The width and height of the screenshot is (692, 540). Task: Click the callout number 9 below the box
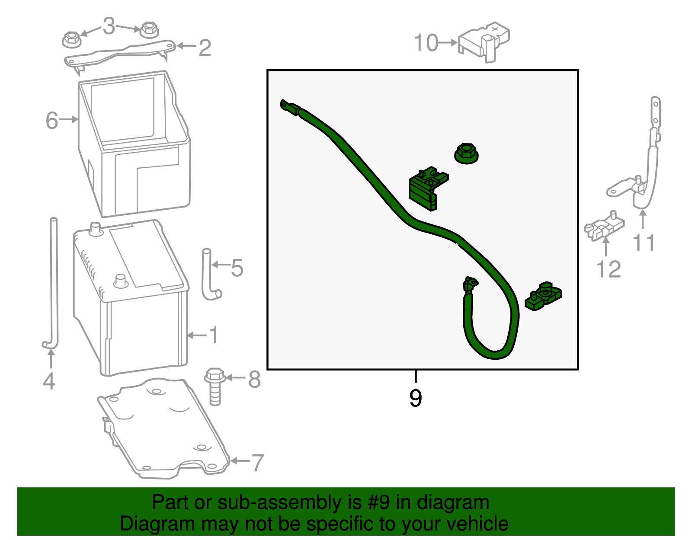(416, 398)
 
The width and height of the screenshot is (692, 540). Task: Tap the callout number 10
(426, 43)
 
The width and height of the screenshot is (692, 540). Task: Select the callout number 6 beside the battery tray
(52, 121)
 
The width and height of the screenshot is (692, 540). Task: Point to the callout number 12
(608, 269)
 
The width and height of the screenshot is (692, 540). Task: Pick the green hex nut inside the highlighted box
(466, 153)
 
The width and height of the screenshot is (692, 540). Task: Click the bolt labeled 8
(215, 387)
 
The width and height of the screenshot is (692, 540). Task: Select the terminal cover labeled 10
(484, 42)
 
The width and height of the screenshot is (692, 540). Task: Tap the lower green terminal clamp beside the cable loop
(543, 296)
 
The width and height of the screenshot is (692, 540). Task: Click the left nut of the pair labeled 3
(72, 39)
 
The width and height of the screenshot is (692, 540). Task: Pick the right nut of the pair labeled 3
(149, 29)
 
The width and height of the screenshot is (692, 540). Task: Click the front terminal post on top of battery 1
(121, 281)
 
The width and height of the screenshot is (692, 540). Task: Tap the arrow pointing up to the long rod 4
(51, 358)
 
